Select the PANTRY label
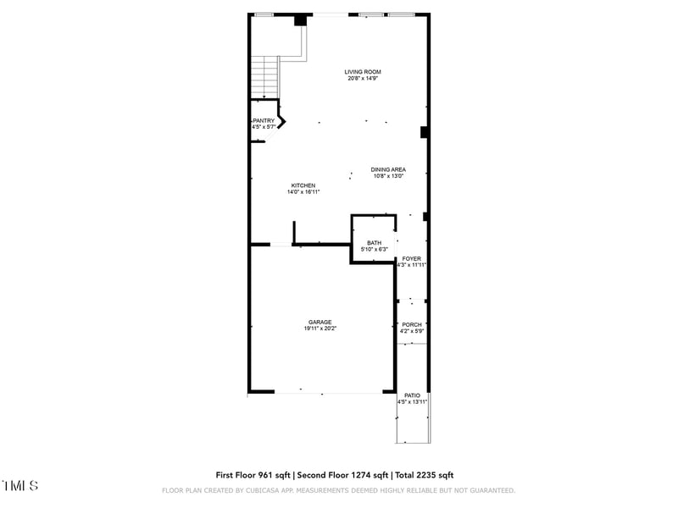pyautogui.click(x=264, y=121)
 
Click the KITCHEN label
pyautogui.click(x=303, y=185)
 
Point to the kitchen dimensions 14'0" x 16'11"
pyautogui.click(x=303, y=192)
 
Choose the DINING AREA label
pyautogui.click(x=388, y=169)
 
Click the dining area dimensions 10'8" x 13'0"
pyautogui.click(x=388, y=176)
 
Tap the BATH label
pyautogui.click(x=374, y=243)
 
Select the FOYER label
pyautogui.click(x=412, y=258)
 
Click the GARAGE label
pyautogui.click(x=320, y=322)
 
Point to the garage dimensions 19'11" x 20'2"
pyautogui.click(x=320, y=329)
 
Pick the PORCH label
pyautogui.click(x=412, y=324)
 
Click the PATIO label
pyautogui.click(x=412, y=395)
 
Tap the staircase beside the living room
pyautogui.click(x=265, y=76)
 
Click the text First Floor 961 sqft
pyautogui.click(x=253, y=475)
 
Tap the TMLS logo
pyautogui.click(x=19, y=486)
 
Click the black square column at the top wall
pyautogui.click(x=300, y=21)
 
